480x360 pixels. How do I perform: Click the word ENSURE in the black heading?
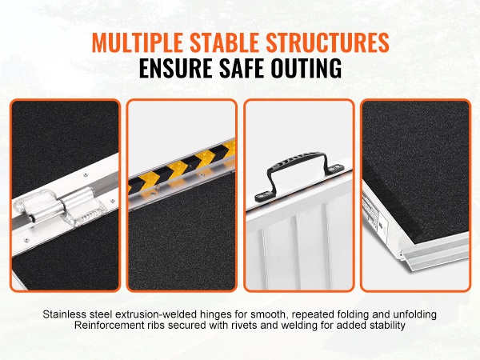(x=176, y=67)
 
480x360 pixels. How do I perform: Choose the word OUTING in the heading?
(x=306, y=67)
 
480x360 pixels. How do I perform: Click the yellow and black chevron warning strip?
(x=182, y=166)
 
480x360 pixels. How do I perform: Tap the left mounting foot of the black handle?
(x=263, y=195)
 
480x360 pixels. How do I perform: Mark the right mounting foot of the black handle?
(x=336, y=168)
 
